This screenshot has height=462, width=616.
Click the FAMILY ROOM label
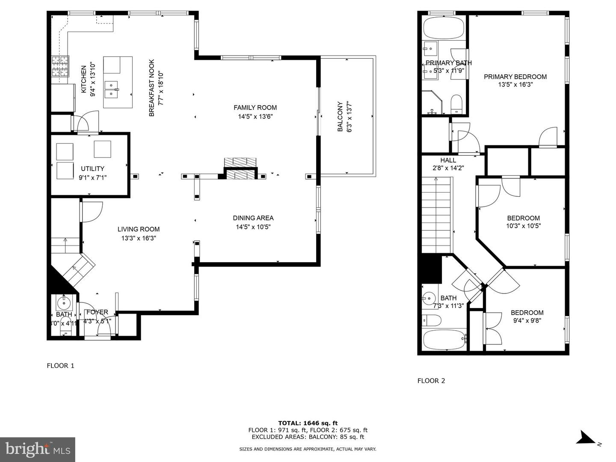point(255,108)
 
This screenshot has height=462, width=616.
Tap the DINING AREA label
point(253,218)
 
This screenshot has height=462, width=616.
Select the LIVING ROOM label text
point(138,229)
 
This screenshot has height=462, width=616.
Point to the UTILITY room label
point(92,169)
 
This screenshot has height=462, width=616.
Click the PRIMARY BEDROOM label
point(515,77)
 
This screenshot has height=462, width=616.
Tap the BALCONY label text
point(340,116)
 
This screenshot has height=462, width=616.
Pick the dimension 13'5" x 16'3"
point(515,85)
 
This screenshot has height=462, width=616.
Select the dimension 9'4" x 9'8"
point(527,320)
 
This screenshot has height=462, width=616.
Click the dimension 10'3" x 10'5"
point(523,226)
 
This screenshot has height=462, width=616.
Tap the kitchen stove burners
point(60,67)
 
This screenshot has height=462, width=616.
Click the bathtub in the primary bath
point(443,28)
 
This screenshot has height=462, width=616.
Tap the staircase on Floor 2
point(437,216)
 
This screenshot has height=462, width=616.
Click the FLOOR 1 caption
point(60,366)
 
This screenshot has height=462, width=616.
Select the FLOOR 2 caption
point(431,381)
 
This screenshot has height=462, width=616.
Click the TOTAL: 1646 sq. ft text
point(308,423)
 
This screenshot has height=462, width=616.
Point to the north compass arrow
point(585,438)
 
